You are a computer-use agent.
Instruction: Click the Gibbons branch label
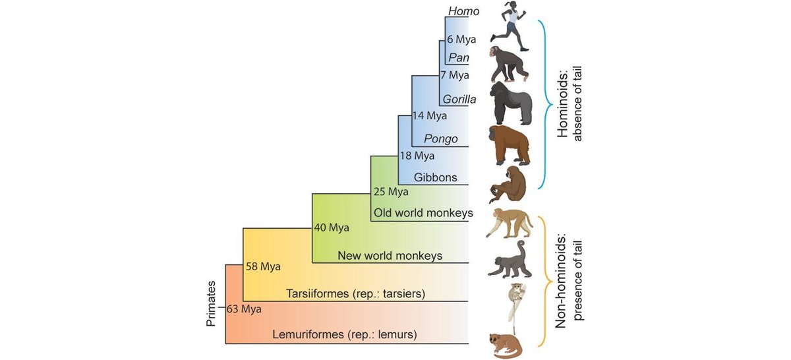point(435,177)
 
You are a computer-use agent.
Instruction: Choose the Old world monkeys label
point(423,213)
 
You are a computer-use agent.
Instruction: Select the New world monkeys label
point(389,255)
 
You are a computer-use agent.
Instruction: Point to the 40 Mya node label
point(332,228)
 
